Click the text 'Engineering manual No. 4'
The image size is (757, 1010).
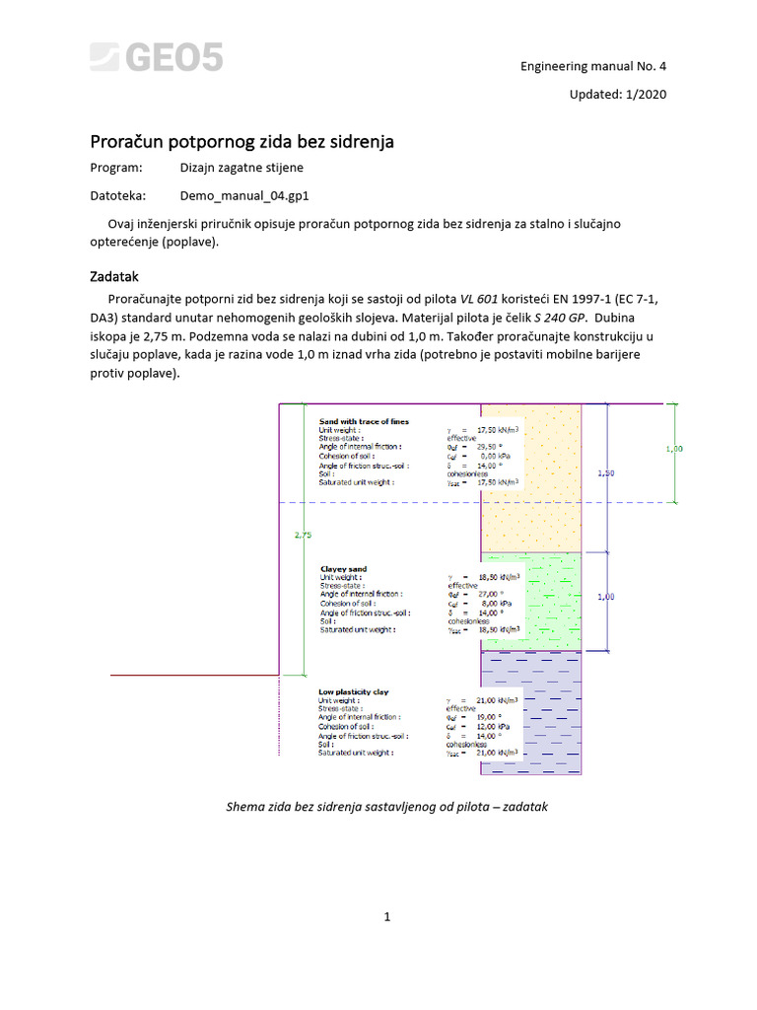pyautogui.click(x=593, y=66)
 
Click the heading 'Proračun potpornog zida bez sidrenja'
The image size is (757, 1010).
pyautogui.click(x=242, y=142)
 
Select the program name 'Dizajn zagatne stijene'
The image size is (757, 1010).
pyautogui.click(x=241, y=168)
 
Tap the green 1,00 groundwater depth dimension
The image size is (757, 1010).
pyautogui.click(x=674, y=449)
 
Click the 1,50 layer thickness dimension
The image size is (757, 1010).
pyautogui.click(x=607, y=473)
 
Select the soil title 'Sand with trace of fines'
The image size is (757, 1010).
pyautogui.click(x=364, y=421)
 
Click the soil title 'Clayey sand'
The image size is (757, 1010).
pyautogui.click(x=343, y=569)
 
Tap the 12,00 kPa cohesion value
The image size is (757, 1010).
pyautogui.click(x=492, y=726)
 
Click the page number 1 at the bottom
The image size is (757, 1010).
pyautogui.click(x=387, y=916)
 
